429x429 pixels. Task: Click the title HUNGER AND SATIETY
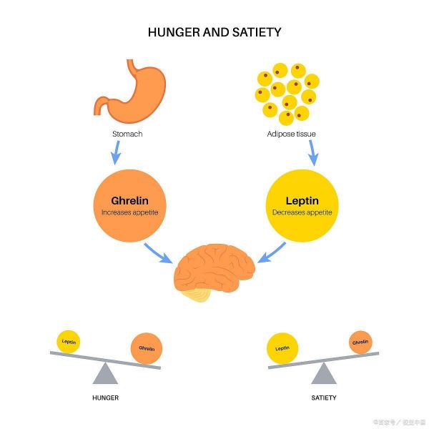click(214, 32)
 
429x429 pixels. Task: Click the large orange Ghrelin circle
click(130, 203)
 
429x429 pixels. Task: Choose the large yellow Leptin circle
click(301, 203)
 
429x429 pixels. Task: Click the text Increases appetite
click(130, 212)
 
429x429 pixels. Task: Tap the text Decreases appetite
click(301, 212)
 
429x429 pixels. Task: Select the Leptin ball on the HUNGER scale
click(69, 342)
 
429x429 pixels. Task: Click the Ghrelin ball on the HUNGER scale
click(147, 348)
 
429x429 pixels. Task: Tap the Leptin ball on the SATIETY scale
click(282, 348)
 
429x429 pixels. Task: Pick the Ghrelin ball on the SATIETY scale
click(360, 342)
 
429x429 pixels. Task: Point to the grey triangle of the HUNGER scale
click(105, 373)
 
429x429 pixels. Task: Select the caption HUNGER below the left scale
click(105, 397)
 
